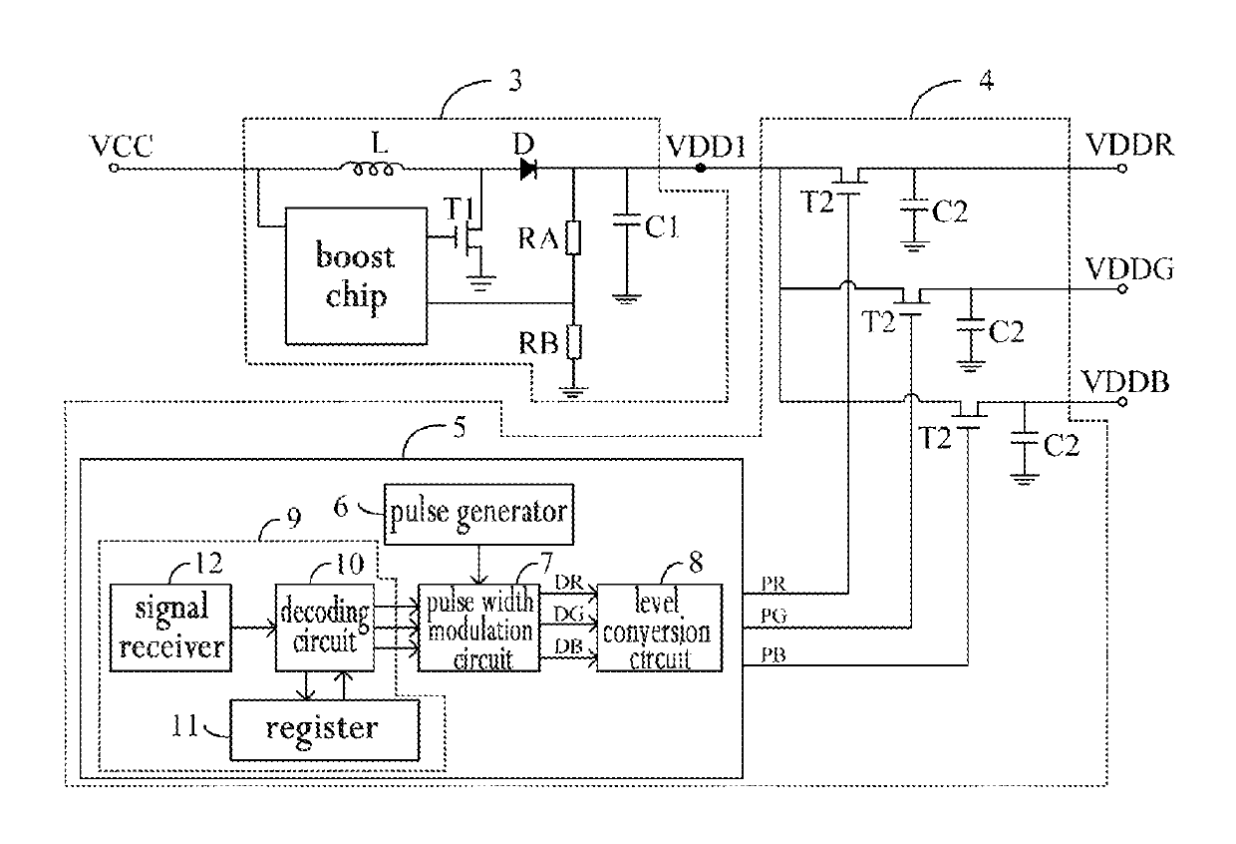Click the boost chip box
tap(356, 276)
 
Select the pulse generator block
tap(478, 514)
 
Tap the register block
tap(325, 729)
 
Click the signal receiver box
tap(170, 628)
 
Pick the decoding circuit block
tap(325, 628)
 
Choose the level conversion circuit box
tap(660, 628)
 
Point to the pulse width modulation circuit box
tap(478, 628)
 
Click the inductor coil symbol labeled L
tap(373, 168)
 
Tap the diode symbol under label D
tap(528, 169)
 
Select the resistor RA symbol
tap(573, 238)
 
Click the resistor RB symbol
tap(574, 342)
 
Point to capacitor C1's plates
tap(626, 219)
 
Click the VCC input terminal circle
tap(114, 168)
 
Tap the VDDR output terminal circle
tap(1122, 169)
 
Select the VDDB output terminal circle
tap(1122, 402)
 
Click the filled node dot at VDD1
tap(700, 168)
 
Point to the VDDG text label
tap(1129, 269)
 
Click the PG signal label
tap(773, 616)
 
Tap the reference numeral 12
tap(208, 563)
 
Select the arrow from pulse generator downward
tap(478, 565)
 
